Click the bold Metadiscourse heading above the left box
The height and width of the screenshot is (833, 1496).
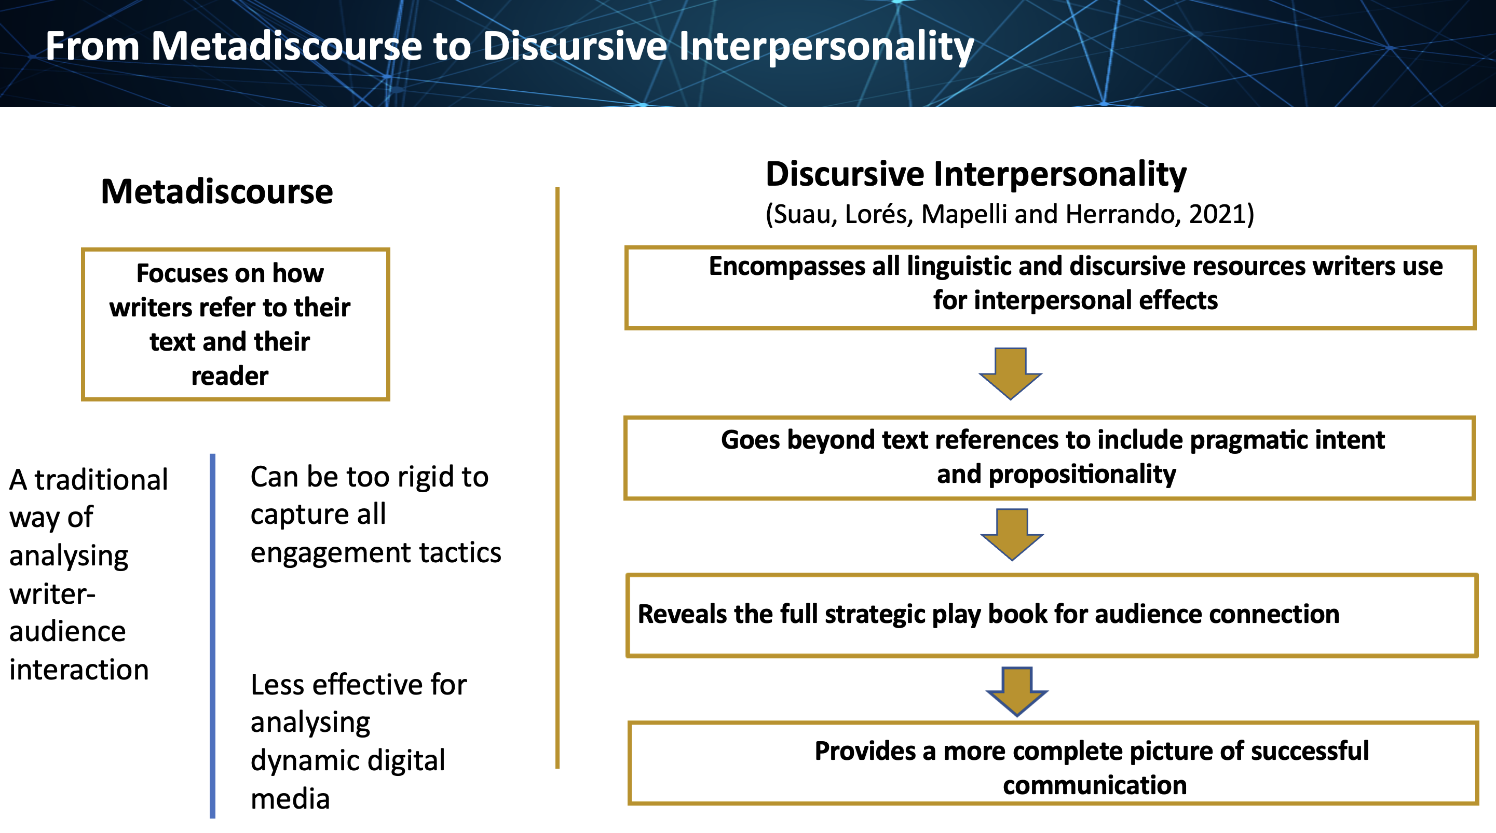pos(216,191)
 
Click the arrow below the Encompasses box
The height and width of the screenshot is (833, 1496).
pos(1011,373)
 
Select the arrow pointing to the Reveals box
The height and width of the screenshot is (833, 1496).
pos(1012,535)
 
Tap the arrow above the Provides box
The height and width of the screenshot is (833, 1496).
pos(1017,692)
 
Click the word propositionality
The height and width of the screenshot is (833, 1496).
pos(1082,475)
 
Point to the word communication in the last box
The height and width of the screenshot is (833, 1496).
pos(1095,785)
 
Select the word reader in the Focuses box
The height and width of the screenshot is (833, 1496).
pos(230,377)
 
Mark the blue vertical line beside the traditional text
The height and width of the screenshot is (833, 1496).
pos(212,635)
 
